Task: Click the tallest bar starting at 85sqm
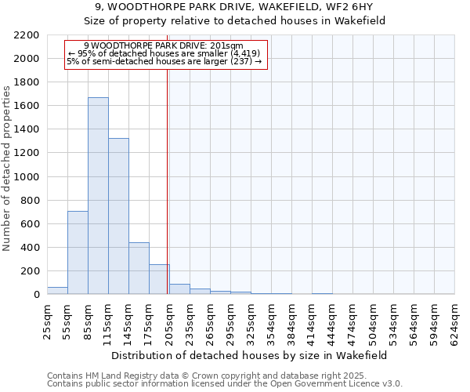click(98, 196)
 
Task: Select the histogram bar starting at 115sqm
click(118, 216)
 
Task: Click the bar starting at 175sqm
click(159, 279)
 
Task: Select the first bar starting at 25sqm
click(57, 291)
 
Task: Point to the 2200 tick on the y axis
click(28, 35)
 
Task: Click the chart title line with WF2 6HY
click(234, 8)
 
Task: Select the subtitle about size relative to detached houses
click(234, 21)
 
